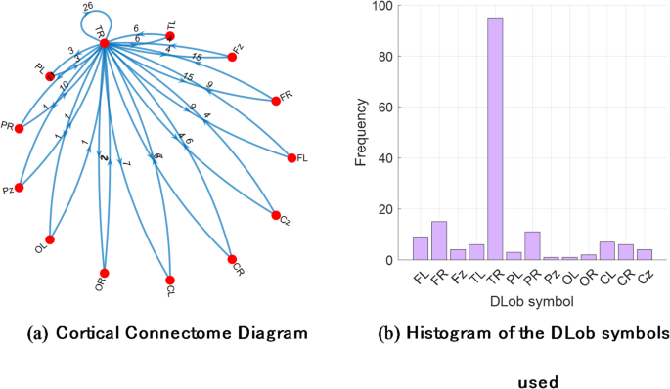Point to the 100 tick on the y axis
(x=384, y=6)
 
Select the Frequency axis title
(x=360, y=132)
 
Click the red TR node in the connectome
(x=105, y=43)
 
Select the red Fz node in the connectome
(x=232, y=57)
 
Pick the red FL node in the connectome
(x=290, y=156)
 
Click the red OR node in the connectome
(x=104, y=273)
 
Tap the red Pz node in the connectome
(x=19, y=187)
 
